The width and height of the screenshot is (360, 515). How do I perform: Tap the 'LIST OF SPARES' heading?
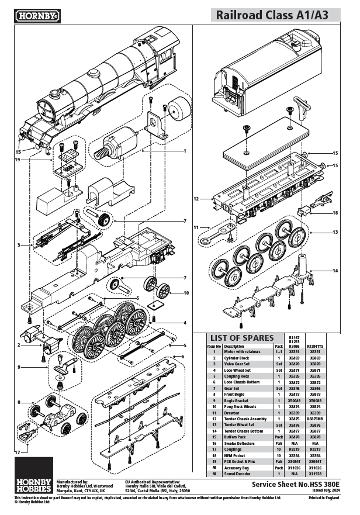pos(242,338)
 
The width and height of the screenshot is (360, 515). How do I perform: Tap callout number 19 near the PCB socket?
pos(18,159)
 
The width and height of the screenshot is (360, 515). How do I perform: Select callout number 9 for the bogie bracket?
pos(20,367)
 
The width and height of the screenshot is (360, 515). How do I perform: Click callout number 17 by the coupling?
pos(18,452)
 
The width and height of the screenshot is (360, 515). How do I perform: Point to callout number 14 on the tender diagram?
pos(335,271)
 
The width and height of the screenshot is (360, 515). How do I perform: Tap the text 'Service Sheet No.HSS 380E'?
pos(295,485)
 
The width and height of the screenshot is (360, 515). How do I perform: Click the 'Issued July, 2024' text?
pos(324,490)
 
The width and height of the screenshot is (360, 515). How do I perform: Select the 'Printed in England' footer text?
pos(322,498)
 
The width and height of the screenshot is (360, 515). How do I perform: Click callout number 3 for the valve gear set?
pos(20,245)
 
